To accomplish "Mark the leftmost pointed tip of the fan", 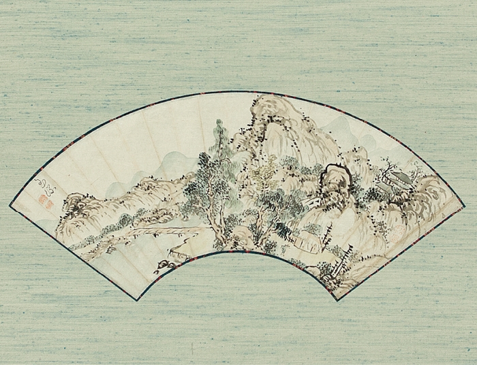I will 10,204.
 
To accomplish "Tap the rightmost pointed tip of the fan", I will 465,204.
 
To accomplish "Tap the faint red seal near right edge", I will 395,235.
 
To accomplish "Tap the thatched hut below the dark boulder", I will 307,238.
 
